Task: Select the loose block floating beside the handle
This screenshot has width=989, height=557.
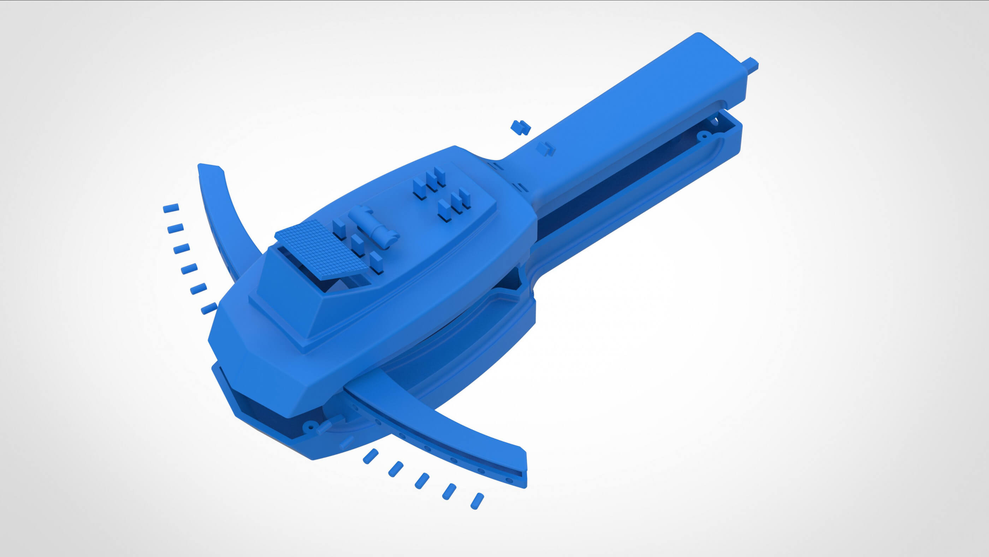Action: pyautogui.click(x=520, y=127)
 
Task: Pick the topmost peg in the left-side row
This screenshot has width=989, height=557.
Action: pyautogui.click(x=171, y=208)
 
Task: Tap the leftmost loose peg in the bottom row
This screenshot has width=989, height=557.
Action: pyautogui.click(x=371, y=456)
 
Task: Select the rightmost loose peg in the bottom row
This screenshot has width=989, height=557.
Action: pyautogui.click(x=477, y=501)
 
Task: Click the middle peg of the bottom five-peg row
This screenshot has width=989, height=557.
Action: pyautogui.click(x=421, y=481)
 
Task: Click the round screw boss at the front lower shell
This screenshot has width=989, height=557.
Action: pyautogui.click(x=309, y=426)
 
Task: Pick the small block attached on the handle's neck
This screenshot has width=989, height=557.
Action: pyautogui.click(x=545, y=148)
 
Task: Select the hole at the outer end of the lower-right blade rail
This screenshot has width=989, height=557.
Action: pyautogui.click(x=509, y=480)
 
